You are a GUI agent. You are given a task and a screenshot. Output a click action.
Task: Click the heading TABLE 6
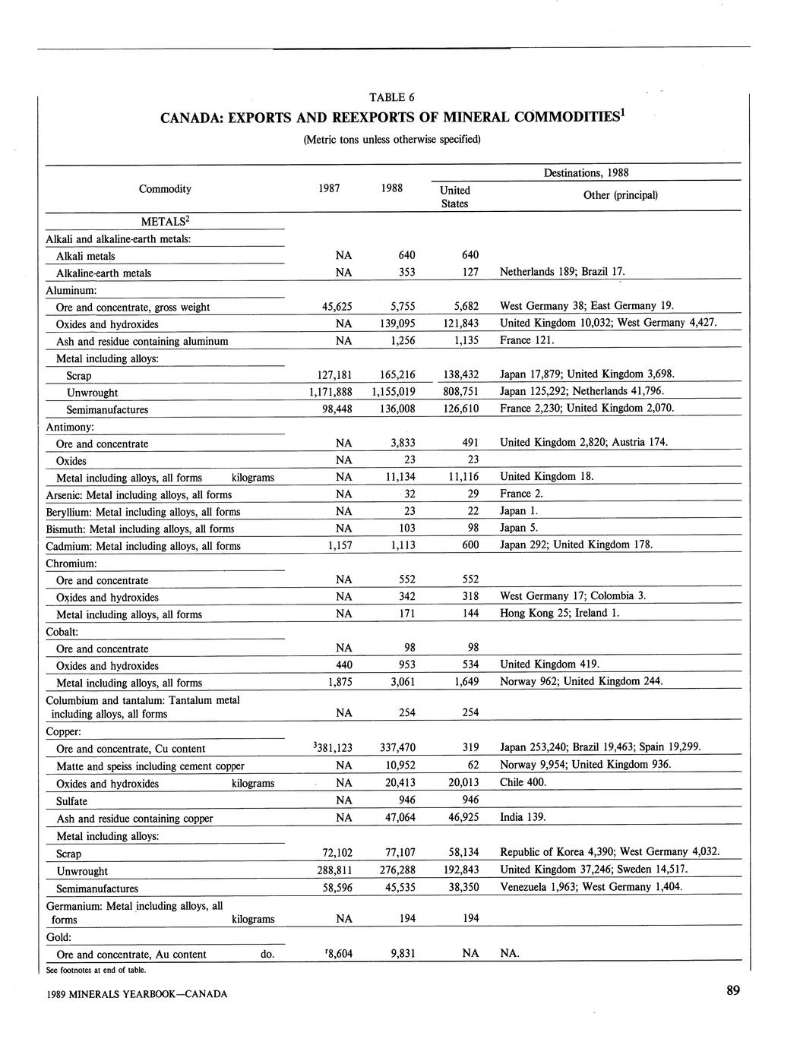(391, 97)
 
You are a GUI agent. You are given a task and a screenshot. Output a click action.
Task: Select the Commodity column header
(165, 189)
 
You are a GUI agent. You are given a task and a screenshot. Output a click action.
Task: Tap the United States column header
(455, 197)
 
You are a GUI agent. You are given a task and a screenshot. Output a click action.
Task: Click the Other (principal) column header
(620, 195)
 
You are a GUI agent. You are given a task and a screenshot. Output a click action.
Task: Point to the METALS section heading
(165, 221)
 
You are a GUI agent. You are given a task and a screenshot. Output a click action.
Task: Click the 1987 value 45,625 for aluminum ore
(334, 307)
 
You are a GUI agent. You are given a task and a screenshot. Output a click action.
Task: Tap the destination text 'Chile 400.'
(523, 782)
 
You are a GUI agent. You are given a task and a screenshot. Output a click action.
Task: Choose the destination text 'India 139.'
(523, 817)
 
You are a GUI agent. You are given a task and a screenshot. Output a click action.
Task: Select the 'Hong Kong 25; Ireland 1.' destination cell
(560, 613)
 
